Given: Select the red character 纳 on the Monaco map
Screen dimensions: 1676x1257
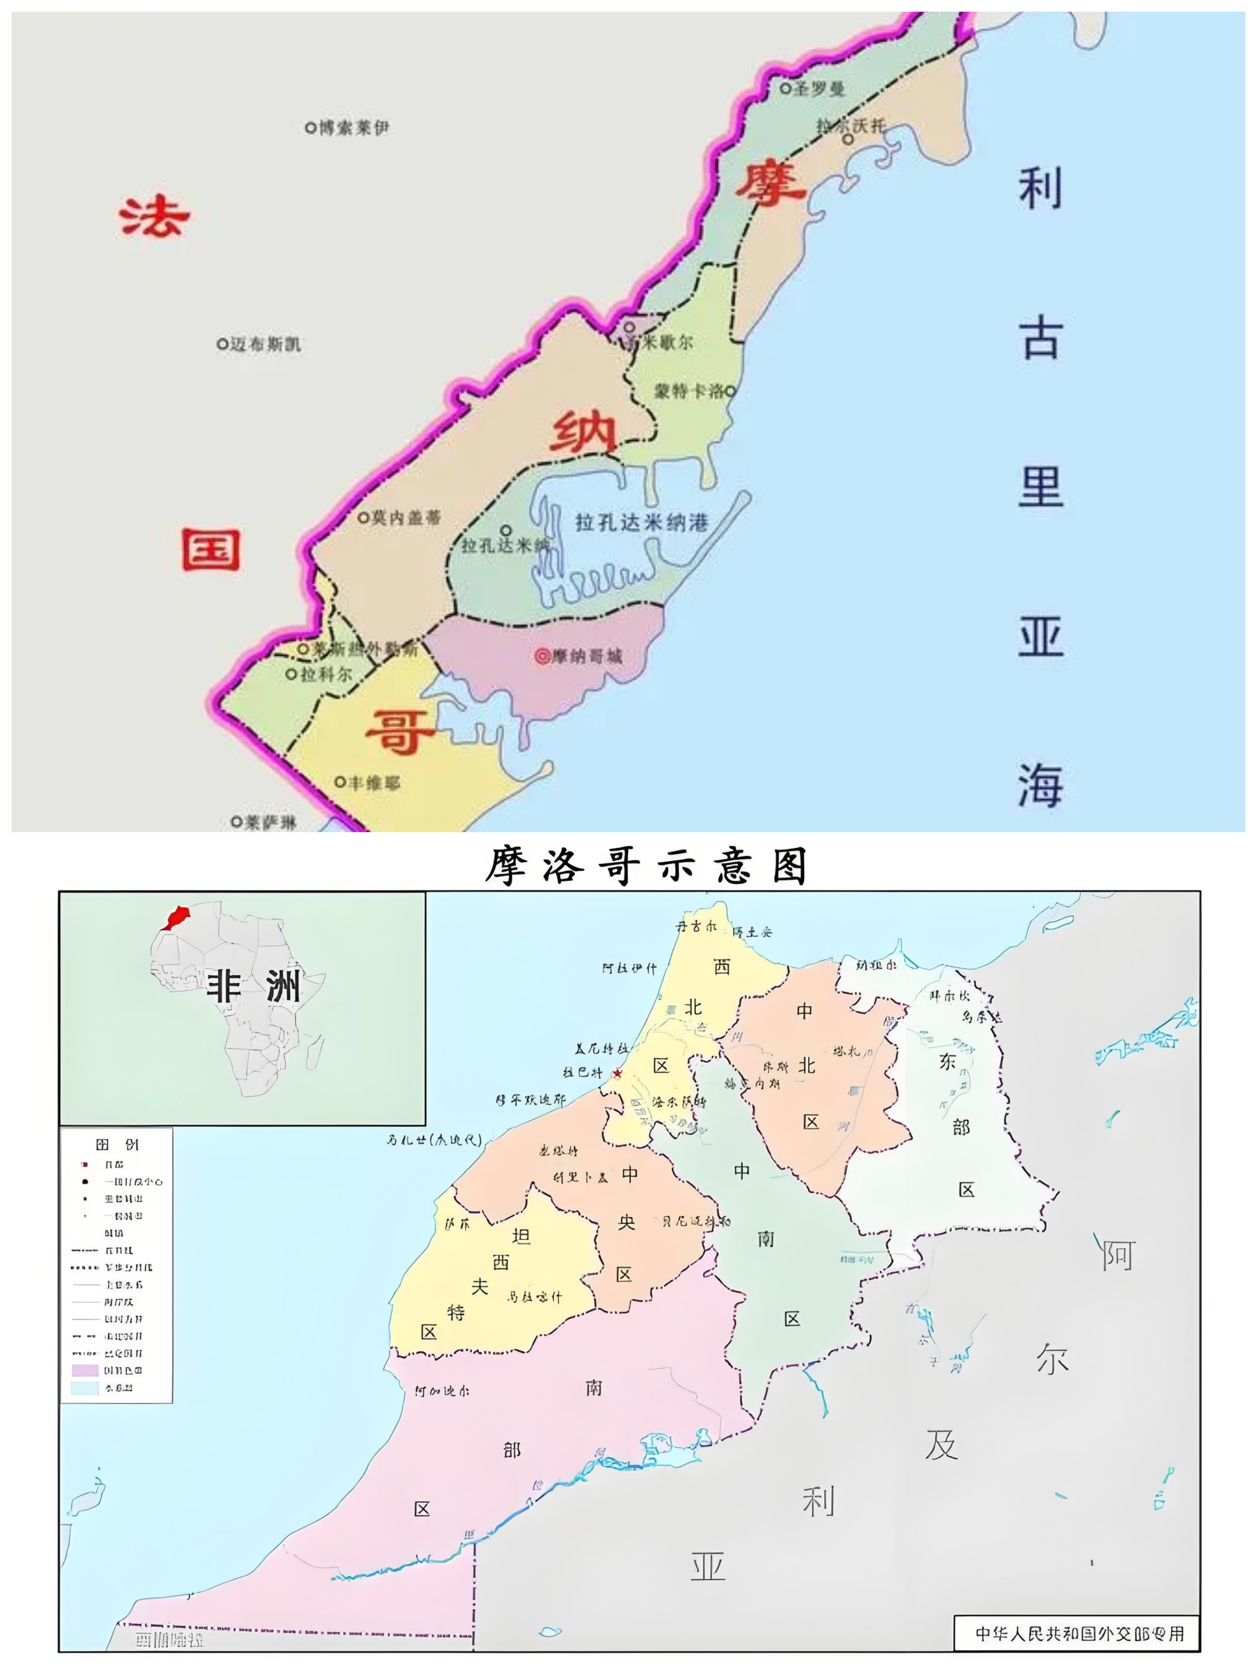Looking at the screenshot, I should [583, 432].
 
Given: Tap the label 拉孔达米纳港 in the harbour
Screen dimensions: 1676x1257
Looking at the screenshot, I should [641, 523].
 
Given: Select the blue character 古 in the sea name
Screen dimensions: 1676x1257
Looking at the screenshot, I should [1040, 339].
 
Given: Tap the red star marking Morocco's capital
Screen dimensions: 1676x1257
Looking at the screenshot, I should [617, 1073].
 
